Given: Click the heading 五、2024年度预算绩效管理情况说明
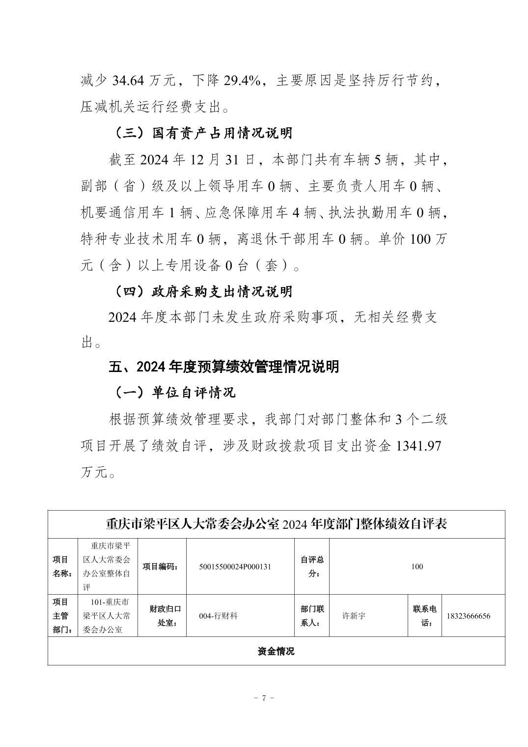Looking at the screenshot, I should click(223, 367).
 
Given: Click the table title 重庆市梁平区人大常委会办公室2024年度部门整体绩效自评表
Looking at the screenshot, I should click(276, 524).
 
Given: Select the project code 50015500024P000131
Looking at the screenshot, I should click(235, 567).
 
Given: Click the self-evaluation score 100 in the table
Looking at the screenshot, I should click(417, 567).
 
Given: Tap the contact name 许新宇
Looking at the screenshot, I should click(354, 616).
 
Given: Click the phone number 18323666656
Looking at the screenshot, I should click(468, 616).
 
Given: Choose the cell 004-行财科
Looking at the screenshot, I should click(219, 616).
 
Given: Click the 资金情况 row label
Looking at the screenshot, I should click(276, 651).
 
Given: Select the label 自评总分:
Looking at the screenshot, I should click(311, 567).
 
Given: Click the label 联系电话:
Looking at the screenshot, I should click(424, 616).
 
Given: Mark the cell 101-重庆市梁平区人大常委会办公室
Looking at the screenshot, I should click(108, 616).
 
